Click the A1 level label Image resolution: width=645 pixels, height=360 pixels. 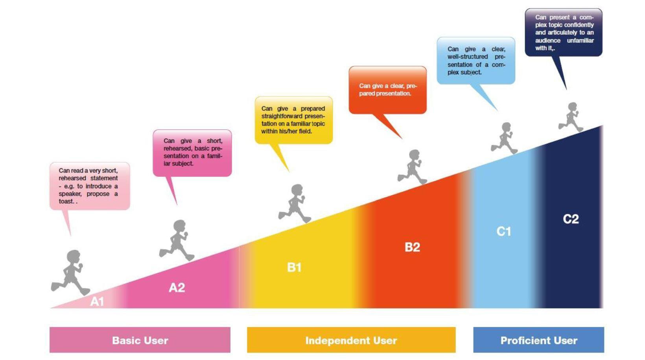97,301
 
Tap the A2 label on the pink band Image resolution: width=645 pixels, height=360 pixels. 177,287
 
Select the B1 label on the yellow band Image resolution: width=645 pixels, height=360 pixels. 294,267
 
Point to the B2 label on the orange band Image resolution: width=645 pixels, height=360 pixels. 412,247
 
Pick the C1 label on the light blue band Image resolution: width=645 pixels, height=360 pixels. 504,231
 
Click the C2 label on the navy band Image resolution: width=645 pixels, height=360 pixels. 571,219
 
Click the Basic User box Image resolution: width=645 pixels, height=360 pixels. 140,340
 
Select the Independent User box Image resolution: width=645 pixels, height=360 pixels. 351,340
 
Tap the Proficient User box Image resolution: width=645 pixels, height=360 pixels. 539,340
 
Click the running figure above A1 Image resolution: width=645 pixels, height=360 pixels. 70,272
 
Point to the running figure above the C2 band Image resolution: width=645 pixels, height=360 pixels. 571,117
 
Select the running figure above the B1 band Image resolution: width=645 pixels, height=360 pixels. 295,203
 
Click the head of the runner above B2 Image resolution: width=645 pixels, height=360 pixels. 415,154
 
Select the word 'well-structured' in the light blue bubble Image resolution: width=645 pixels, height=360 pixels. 467,57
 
